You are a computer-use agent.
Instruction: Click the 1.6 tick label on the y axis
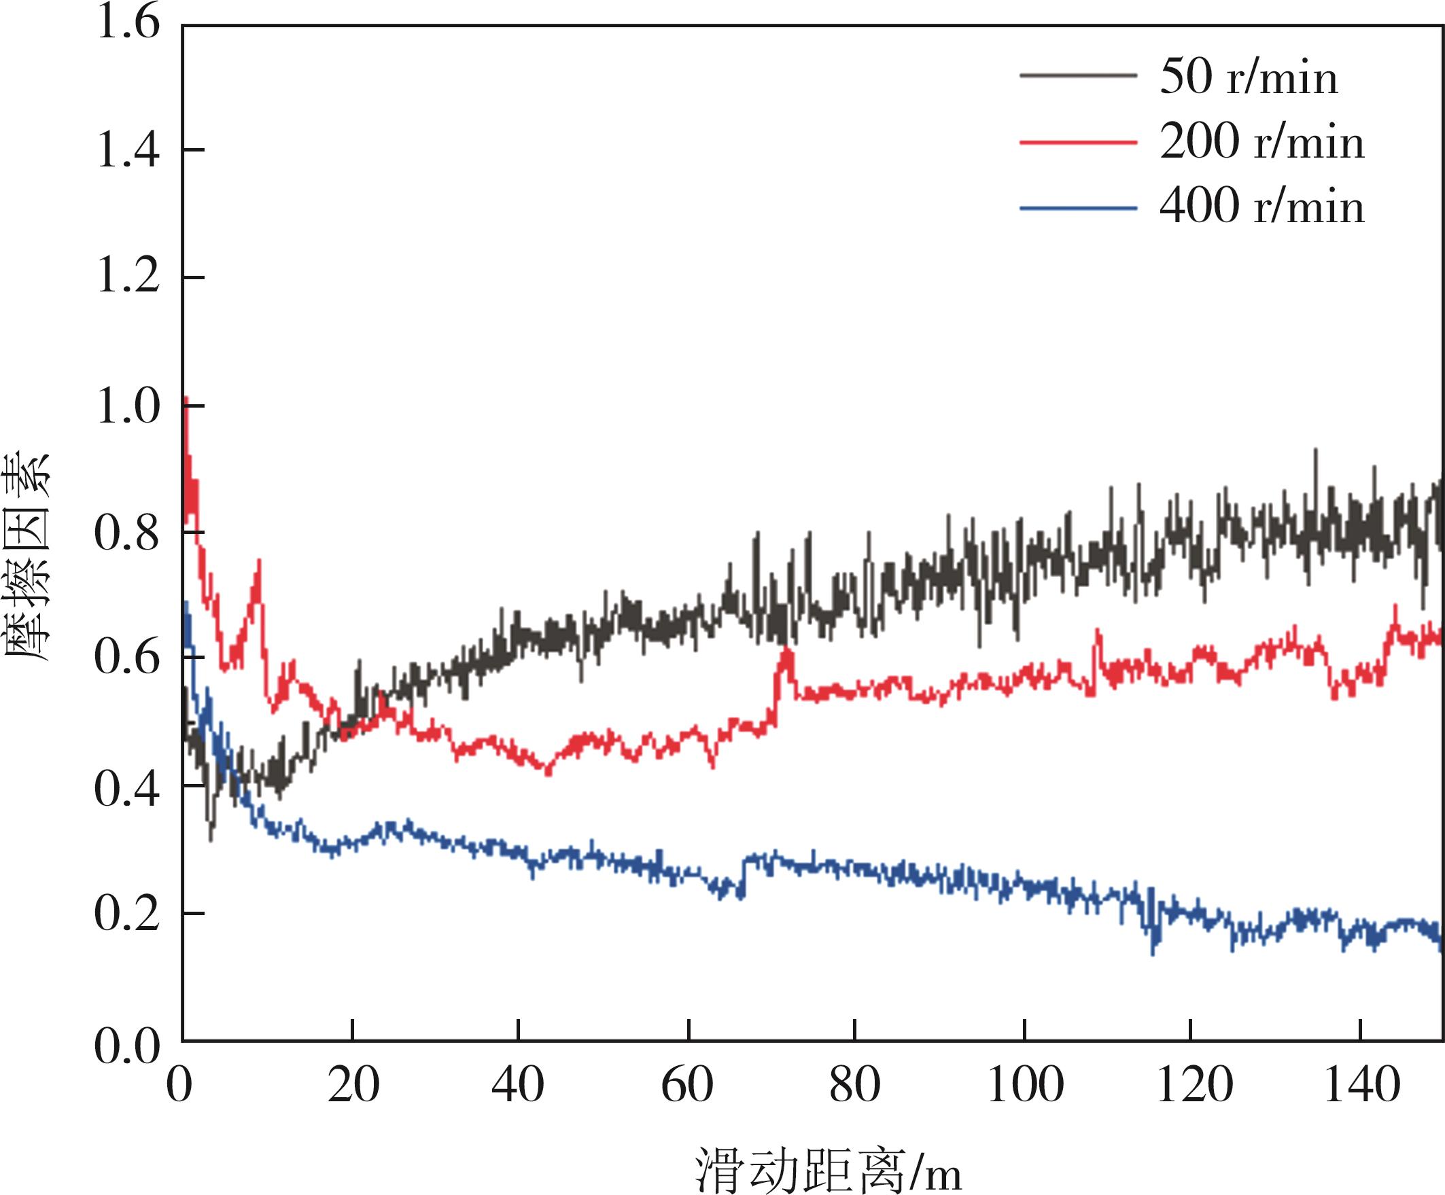click(128, 22)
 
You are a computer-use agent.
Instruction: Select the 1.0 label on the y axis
click(128, 405)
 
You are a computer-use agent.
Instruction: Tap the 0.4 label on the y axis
click(128, 788)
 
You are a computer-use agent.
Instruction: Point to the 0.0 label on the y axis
click(128, 1046)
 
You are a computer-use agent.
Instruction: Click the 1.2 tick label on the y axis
click(128, 277)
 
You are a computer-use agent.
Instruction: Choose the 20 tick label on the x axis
click(353, 1086)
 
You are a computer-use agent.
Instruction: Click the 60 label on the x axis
click(687, 1086)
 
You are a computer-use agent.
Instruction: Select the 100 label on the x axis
click(1025, 1086)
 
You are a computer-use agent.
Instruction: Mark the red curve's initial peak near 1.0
click(186, 399)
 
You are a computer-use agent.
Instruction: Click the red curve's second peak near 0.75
click(260, 560)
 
